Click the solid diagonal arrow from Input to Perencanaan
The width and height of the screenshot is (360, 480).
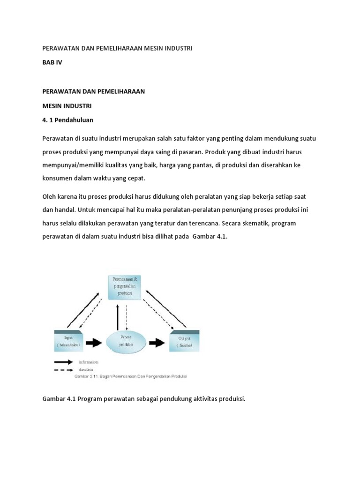pos(83,309)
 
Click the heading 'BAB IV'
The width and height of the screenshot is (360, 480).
pos(52,62)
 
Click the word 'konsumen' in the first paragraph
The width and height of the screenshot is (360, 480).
pos(57,179)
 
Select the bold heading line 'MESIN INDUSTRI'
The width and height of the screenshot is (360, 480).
pos(67,106)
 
